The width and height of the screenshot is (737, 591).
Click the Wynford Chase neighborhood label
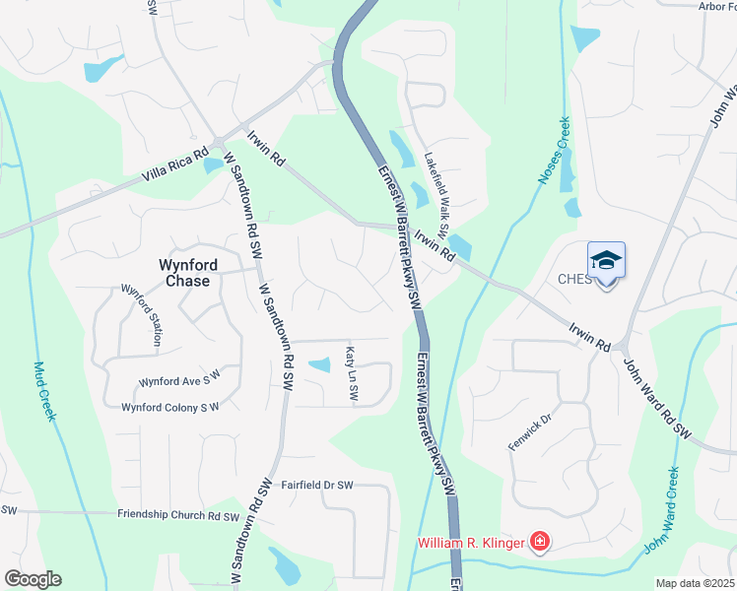pyautogui.click(x=184, y=272)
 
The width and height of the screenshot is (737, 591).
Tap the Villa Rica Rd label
pyautogui.click(x=174, y=169)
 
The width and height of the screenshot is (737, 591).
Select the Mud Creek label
pyautogui.click(x=43, y=391)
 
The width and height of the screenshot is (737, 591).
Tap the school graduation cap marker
pyautogui.click(x=606, y=261)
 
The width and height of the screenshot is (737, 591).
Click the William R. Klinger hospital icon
pyautogui.click(x=539, y=542)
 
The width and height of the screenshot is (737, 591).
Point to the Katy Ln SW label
pyautogui.click(x=351, y=372)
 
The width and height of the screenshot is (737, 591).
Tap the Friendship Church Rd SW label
pyautogui.click(x=178, y=515)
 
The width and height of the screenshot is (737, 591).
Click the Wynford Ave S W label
pyautogui.click(x=179, y=381)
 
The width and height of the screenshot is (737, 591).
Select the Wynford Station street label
pyautogui.click(x=141, y=314)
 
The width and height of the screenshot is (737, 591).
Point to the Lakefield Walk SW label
pyautogui.click(x=436, y=194)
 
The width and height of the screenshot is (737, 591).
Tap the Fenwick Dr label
pyautogui.click(x=525, y=430)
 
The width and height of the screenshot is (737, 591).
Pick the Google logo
pyautogui.click(x=33, y=579)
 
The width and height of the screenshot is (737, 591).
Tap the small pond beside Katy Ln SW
pyautogui.click(x=319, y=365)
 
